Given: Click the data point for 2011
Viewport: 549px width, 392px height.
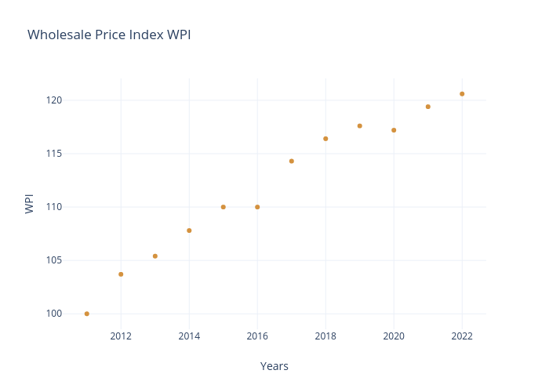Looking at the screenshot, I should [87, 314].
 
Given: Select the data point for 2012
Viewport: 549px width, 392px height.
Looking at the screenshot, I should [121, 274].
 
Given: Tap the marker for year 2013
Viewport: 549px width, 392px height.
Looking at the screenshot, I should [155, 256].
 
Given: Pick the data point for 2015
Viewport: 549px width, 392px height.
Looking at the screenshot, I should [224, 207].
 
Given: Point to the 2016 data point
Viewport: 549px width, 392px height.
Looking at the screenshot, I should [257, 207].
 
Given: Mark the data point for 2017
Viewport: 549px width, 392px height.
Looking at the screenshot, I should [292, 162].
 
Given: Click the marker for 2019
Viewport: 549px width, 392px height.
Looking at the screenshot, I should [360, 126].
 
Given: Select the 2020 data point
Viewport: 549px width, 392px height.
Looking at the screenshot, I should [394, 130].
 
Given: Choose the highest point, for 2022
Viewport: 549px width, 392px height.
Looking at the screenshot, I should [462, 94].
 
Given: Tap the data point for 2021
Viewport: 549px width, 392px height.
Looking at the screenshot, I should [428, 107].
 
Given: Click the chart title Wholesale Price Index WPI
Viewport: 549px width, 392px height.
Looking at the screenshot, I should [109, 35].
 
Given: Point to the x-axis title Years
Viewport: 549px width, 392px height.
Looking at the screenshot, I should [274, 366].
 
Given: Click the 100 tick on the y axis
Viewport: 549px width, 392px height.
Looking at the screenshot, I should [54, 314].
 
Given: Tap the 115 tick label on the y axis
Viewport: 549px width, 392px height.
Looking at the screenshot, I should [54, 154].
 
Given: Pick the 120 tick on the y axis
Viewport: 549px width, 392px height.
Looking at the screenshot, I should [54, 100].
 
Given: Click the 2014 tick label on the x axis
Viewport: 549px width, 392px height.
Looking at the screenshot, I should [189, 336].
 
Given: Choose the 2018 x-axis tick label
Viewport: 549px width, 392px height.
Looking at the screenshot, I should [325, 336].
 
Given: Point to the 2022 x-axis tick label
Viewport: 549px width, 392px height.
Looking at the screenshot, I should [462, 336].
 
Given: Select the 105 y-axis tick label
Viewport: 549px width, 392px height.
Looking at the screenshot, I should [54, 260].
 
